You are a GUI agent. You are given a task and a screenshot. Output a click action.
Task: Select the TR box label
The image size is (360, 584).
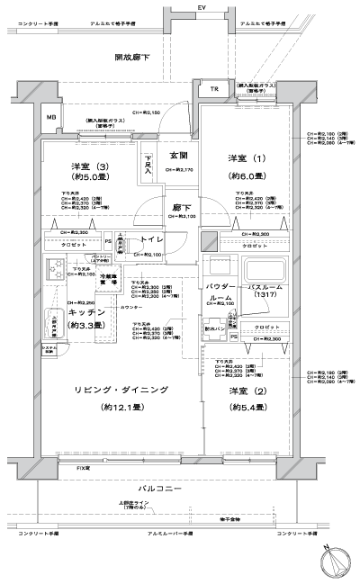[x=213, y=90]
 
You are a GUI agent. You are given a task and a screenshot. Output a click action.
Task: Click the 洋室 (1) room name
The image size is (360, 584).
[x=244, y=159]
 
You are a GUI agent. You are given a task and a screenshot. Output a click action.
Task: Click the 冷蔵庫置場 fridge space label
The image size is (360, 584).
[x=108, y=281]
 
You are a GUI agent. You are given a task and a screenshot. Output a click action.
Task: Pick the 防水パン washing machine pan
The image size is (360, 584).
[x=213, y=329]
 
